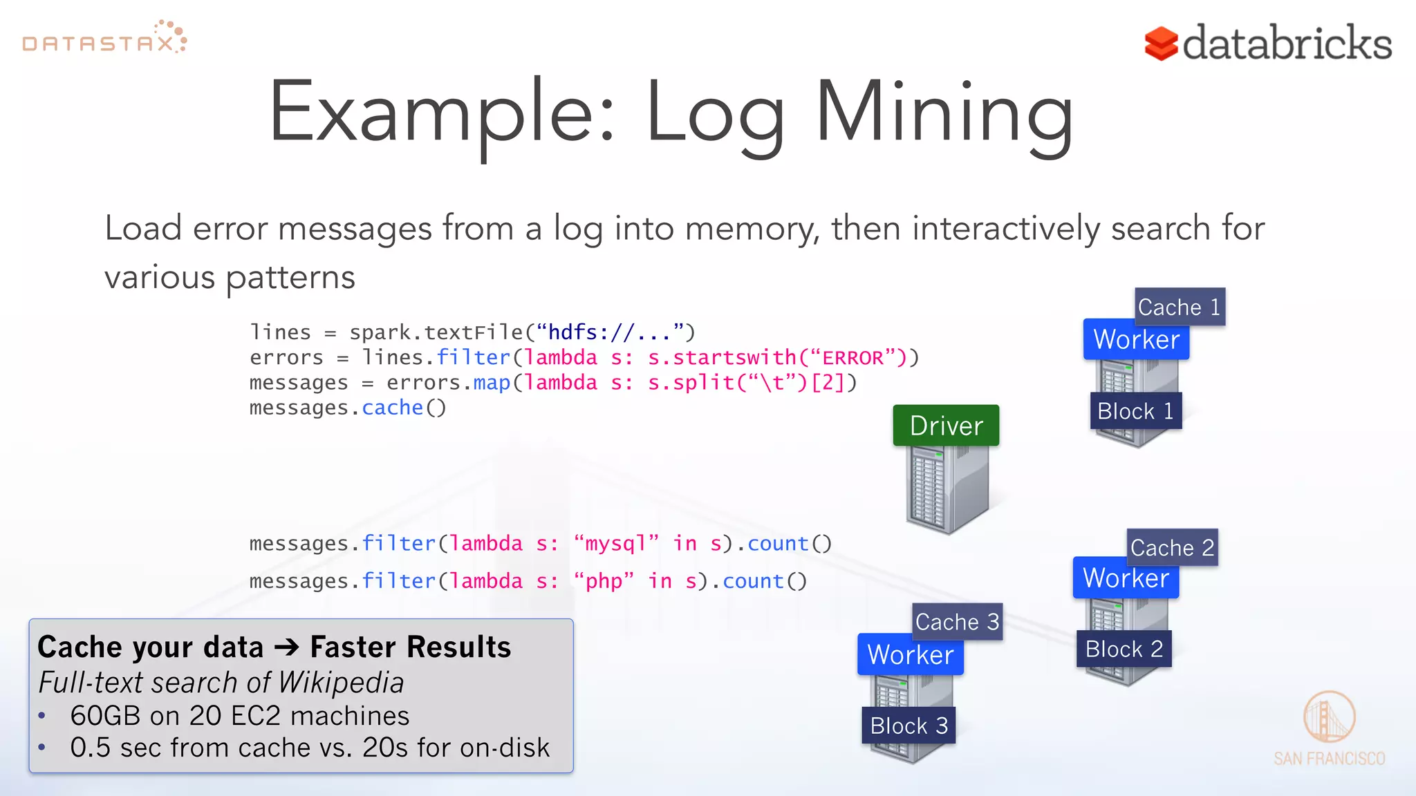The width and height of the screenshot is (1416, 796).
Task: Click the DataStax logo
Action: click(104, 39)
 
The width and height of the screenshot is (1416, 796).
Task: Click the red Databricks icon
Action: click(1161, 44)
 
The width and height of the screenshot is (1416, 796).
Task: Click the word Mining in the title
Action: click(944, 114)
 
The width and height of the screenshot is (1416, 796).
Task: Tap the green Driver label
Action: click(946, 426)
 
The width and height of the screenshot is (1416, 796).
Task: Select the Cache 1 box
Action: click(1180, 307)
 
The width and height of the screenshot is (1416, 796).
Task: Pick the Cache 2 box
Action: click(1172, 547)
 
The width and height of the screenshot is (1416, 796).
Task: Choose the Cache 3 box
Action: click(957, 622)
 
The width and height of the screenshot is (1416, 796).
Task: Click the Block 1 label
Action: click(1135, 411)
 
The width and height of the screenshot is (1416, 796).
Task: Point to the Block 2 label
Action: click(1124, 649)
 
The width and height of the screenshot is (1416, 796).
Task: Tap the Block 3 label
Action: click(909, 726)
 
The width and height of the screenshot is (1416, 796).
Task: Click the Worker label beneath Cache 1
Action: click(1136, 340)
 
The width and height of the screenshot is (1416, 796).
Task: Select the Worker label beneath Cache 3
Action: click(910, 654)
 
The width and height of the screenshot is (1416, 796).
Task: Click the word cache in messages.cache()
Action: click(392, 408)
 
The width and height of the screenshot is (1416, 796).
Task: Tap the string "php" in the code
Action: click(604, 581)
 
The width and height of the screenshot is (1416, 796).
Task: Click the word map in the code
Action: click(492, 383)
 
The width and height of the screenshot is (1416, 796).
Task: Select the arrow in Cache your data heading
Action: click(286, 647)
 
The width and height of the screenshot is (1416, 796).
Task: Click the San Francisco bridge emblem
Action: click(1328, 717)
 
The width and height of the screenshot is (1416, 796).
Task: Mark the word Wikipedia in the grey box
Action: click(341, 683)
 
